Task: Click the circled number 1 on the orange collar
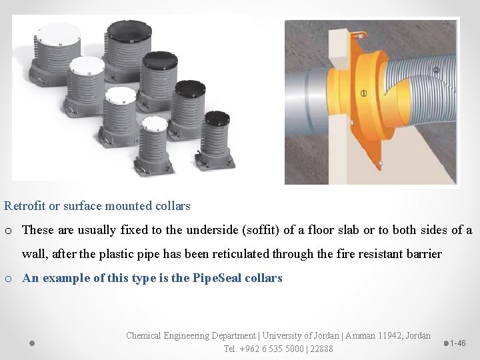tap(363, 92)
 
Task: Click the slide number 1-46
tap(458, 343)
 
